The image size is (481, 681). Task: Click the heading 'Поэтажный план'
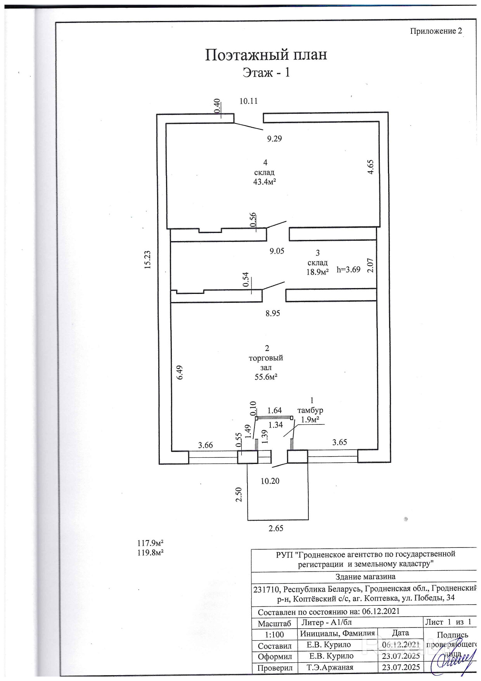(266, 54)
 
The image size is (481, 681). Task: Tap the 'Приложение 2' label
(436, 31)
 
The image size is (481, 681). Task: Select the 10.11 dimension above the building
(249, 101)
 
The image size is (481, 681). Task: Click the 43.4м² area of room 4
(265, 181)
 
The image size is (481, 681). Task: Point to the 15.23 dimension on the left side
(147, 260)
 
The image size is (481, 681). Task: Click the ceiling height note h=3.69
(348, 269)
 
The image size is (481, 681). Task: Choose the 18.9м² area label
(318, 272)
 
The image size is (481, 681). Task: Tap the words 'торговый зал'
(266, 363)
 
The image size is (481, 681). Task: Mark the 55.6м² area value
(266, 377)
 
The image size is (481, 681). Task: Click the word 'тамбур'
(310, 410)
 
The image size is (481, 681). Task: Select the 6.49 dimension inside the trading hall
(179, 373)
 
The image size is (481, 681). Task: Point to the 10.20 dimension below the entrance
(270, 481)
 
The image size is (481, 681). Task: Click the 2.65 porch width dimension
(276, 528)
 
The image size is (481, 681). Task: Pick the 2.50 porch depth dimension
(239, 495)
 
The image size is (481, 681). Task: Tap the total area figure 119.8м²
(150, 553)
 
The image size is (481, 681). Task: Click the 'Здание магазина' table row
(365, 577)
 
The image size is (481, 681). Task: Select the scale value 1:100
(274, 634)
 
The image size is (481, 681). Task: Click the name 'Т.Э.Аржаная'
(330, 667)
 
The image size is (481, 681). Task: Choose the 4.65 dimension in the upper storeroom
(371, 167)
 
